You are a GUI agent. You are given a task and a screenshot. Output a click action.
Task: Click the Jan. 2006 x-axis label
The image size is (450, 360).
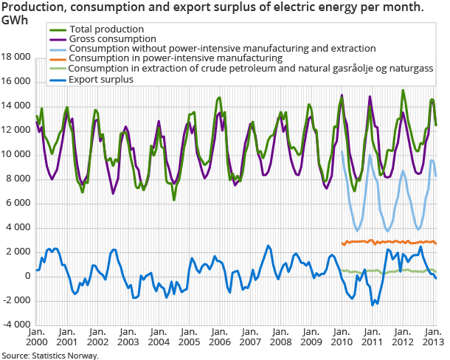point(219,336)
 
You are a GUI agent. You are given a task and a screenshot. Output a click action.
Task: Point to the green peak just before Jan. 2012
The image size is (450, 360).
point(403,91)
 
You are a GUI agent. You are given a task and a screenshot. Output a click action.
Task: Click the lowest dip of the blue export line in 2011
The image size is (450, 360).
point(373,304)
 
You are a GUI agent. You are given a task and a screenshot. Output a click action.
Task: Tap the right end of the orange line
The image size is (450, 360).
point(436,243)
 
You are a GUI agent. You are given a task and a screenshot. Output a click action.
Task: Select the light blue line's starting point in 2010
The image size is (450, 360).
point(342,152)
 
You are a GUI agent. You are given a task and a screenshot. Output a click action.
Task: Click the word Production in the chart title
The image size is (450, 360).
point(30,7)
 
